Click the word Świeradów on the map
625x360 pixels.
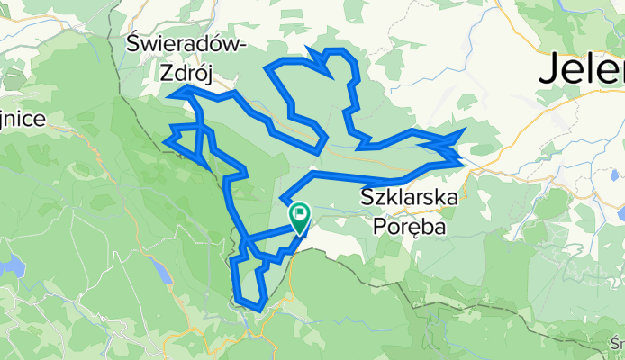point(186,44)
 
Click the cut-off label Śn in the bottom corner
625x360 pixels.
point(617,343)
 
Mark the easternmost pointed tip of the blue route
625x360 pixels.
point(465,130)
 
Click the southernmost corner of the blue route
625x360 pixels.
point(259,309)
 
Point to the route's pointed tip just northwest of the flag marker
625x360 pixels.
point(282,199)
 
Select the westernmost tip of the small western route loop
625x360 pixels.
point(166,139)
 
